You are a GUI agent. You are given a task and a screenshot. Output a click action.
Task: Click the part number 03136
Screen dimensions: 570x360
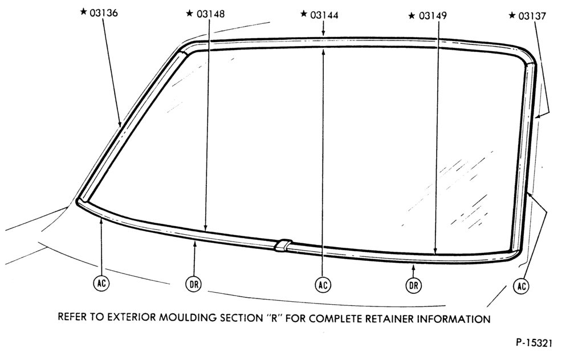tap(104, 13)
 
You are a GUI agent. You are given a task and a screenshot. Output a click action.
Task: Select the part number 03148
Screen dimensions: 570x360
tap(210, 14)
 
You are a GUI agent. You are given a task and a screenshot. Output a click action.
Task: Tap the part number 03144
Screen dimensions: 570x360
tap(324, 15)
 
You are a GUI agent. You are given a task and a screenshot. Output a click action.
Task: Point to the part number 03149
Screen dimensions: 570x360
tap(433, 16)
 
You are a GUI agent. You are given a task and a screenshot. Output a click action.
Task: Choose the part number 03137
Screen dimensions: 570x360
tap(532, 17)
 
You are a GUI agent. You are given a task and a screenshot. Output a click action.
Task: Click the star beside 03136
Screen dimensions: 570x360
tap(84, 12)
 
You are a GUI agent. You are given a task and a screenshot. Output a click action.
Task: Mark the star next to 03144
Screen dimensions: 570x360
tap(304, 14)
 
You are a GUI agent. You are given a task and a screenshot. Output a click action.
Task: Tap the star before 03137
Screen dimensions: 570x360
tap(512, 15)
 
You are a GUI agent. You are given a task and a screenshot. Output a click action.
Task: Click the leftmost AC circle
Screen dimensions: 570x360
tap(101, 283)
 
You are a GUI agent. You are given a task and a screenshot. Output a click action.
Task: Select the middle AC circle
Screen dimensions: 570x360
tap(323, 285)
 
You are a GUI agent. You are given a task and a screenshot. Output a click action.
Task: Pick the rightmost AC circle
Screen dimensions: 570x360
tap(522, 286)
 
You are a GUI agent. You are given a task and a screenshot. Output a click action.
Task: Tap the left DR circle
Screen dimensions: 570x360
tap(194, 284)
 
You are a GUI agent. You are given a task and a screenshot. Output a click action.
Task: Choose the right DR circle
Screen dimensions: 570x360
tap(414, 285)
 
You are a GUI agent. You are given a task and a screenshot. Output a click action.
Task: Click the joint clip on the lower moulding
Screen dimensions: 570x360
tap(283, 245)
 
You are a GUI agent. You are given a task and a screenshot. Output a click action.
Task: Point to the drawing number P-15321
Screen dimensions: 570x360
tap(534, 343)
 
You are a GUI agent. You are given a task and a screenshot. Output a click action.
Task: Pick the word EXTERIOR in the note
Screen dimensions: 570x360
tap(131, 317)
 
